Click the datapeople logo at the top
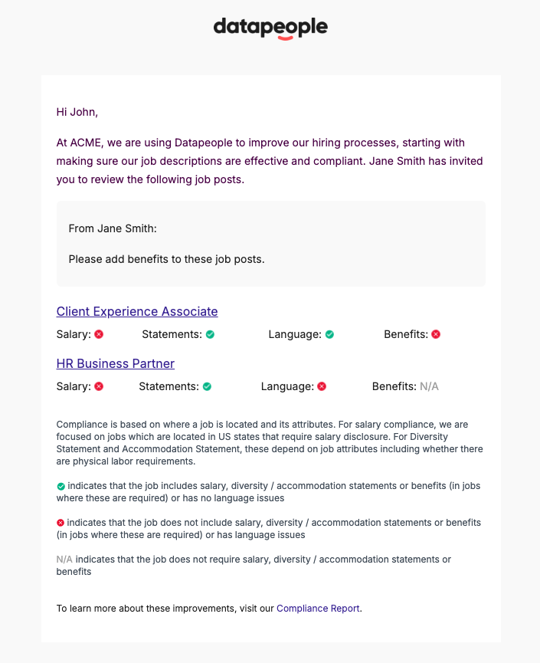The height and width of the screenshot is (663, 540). (270, 28)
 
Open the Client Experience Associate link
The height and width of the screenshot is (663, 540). (137, 311)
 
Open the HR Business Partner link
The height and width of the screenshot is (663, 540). (116, 363)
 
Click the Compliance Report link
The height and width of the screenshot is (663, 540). (318, 609)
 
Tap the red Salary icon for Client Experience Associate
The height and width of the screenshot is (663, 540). (99, 334)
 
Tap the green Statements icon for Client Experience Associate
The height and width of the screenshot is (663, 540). (210, 334)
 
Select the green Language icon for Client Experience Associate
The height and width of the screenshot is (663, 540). (329, 334)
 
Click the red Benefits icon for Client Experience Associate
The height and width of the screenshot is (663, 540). (436, 334)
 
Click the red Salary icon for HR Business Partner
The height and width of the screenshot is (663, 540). (99, 386)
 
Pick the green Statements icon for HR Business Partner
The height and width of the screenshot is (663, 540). (207, 386)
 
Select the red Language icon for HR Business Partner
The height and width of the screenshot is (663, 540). (322, 386)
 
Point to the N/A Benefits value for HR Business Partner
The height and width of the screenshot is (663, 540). (429, 386)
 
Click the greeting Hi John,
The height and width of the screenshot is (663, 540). (77, 112)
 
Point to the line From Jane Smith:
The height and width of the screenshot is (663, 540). (112, 228)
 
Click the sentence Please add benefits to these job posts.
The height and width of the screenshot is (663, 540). (166, 259)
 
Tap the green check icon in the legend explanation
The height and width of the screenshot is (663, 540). (61, 486)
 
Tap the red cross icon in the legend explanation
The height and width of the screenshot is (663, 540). (61, 523)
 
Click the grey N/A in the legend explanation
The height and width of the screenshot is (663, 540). (64, 560)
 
